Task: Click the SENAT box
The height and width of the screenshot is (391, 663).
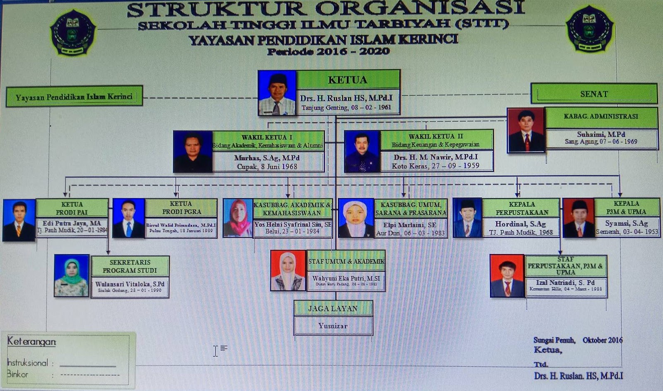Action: click(x=594, y=94)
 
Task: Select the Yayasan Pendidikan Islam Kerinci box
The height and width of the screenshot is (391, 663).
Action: click(x=74, y=97)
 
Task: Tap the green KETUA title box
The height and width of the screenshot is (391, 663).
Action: click(x=348, y=80)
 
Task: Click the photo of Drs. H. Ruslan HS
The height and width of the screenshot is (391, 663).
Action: click(x=277, y=92)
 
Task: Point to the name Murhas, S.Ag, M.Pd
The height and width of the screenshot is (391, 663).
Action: click(x=267, y=158)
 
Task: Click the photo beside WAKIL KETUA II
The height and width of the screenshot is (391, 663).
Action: click(x=362, y=151)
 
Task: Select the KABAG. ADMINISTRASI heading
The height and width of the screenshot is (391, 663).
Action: click(x=601, y=117)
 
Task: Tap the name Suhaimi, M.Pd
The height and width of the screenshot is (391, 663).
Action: click(x=601, y=134)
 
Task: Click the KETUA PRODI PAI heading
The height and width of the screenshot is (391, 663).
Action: click(x=72, y=208)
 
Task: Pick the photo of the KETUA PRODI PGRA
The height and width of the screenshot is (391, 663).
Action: click(x=128, y=218)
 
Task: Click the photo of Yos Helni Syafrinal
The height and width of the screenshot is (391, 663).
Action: click(x=238, y=218)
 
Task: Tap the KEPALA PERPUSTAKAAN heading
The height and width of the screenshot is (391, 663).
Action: click(x=522, y=208)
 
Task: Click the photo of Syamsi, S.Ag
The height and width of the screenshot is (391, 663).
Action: click(x=578, y=218)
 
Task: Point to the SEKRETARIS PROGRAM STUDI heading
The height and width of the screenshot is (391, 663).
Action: click(x=130, y=266)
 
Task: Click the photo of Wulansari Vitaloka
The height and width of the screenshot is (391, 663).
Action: click(x=72, y=275)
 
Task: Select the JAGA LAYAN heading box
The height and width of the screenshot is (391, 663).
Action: click(x=333, y=308)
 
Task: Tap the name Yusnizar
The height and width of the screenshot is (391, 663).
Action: click(x=333, y=326)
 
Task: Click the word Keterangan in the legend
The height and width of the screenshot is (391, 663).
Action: click(x=31, y=342)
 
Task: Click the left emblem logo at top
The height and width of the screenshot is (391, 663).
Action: click(x=73, y=32)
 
